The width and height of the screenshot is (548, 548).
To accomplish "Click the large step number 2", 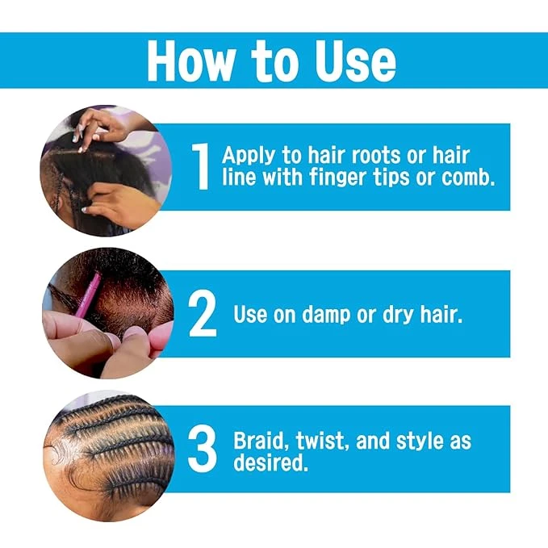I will pos(203,313).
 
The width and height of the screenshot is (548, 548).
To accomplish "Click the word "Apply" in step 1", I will pos(245,155).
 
